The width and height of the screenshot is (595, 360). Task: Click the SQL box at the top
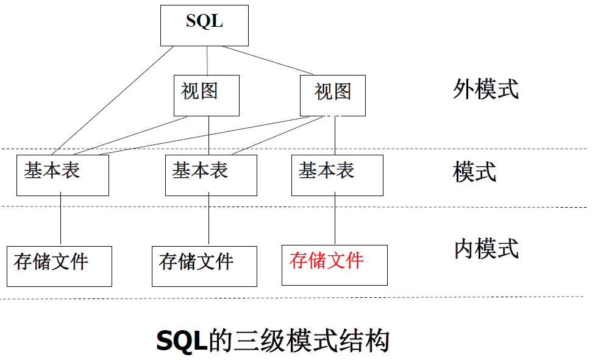204,25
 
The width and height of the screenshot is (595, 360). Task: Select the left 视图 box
206,95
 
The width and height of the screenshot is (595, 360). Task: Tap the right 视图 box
333,95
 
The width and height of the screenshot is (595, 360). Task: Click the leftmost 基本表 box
62,175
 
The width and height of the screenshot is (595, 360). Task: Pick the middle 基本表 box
210,175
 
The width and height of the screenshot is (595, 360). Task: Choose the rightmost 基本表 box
337,175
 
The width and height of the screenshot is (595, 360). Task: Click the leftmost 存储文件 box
59,266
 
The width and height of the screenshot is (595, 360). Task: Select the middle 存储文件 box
204,266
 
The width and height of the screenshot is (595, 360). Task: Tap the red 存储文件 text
327,261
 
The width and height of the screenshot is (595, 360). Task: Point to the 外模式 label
486,89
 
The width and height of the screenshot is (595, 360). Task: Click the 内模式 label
486,249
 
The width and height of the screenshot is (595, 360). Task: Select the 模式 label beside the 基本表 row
474,172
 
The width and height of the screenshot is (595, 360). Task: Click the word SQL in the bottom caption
182,341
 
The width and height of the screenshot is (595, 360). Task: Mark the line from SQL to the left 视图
207,61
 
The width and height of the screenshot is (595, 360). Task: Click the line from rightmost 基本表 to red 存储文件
335,220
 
